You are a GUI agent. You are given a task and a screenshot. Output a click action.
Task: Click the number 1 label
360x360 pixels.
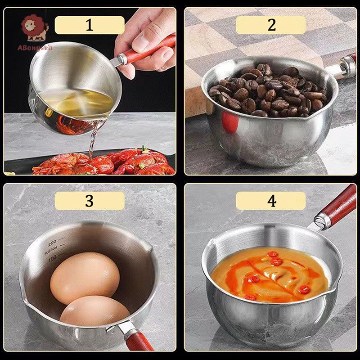[90, 25]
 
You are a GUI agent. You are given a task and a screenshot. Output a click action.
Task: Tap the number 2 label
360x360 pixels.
[271, 25]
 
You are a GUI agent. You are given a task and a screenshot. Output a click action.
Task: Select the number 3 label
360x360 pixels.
[90, 201]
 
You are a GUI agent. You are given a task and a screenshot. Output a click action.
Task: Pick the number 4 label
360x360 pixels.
[271, 201]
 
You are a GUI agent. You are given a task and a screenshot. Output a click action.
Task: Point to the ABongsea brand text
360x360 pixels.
[35, 48]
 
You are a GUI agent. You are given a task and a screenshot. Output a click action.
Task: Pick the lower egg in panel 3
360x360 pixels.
[94, 310]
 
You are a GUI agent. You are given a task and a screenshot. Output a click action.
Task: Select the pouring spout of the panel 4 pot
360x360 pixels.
[211, 245]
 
